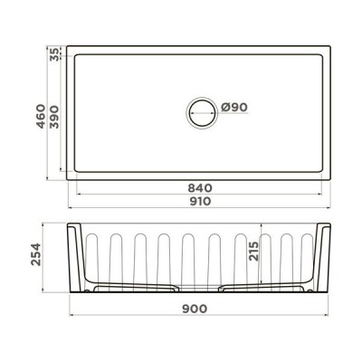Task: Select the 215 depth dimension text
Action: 255,250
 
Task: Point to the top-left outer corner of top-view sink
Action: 70,43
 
